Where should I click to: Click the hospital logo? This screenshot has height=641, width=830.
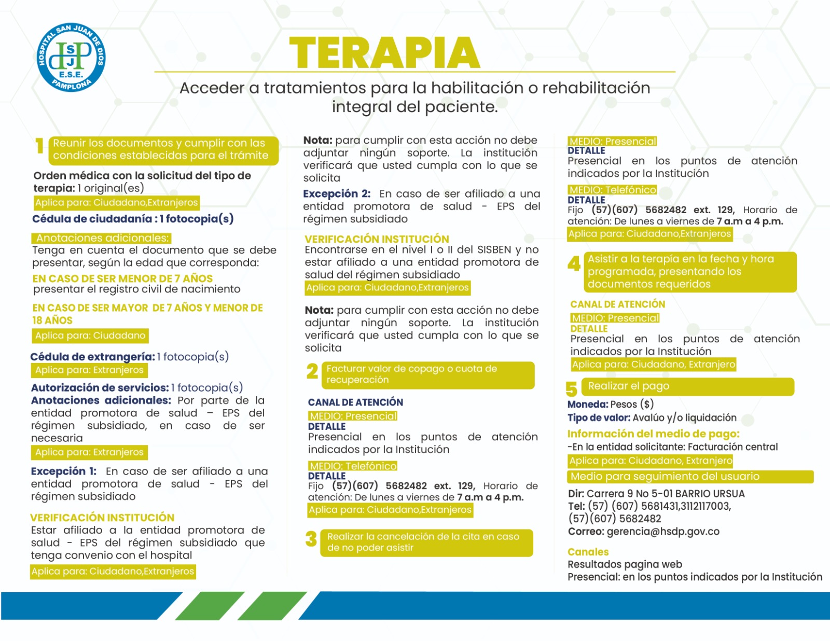(x=71, y=58)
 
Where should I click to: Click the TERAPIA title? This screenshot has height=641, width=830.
(x=384, y=53)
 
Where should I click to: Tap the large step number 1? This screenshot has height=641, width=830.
(x=39, y=146)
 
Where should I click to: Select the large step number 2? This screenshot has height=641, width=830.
(x=312, y=371)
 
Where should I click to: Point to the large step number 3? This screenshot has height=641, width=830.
(x=311, y=539)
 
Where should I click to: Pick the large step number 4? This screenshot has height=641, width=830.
(x=574, y=264)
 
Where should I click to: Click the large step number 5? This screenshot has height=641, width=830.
(x=571, y=389)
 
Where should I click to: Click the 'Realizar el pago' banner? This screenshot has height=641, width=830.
(x=689, y=386)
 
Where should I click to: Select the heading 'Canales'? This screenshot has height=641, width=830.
(x=588, y=552)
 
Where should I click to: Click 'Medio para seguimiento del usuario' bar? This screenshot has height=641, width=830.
(x=690, y=477)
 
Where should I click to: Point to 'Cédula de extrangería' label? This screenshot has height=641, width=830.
(x=92, y=357)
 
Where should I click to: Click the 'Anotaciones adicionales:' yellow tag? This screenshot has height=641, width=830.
(x=102, y=238)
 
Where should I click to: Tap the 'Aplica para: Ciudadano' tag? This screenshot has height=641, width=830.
(x=90, y=336)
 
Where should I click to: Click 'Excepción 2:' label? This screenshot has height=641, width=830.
(x=337, y=194)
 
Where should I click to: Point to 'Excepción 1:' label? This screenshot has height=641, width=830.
(x=64, y=471)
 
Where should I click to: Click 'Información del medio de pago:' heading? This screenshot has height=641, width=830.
(x=653, y=434)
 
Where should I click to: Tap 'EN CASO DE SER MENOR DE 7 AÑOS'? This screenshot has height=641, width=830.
(x=122, y=278)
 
